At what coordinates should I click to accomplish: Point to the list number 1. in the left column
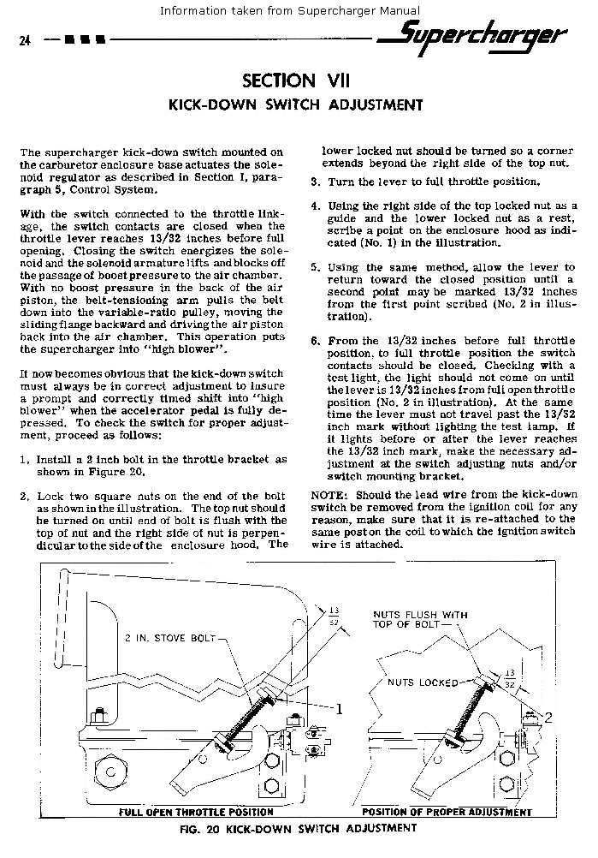(x=25, y=460)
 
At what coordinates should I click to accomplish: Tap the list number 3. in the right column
(x=315, y=182)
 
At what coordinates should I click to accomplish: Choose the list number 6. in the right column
(x=315, y=341)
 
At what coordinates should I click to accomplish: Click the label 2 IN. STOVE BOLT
(x=172, y=639)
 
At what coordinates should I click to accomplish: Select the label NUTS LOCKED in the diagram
(x=423, y=682)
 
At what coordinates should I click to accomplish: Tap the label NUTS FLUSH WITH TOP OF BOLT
(x=420, y=619)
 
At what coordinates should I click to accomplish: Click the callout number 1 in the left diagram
(x=339, y=708)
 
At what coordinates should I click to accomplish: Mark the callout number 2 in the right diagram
(x=548, y=717)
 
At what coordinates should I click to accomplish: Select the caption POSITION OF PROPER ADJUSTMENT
(x=447, y=812)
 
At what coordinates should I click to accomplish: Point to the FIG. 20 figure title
(x=298, y=828)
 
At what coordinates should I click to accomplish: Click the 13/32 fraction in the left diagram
(x=333, y=616)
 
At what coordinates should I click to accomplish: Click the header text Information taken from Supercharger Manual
(x=289, y=10)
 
